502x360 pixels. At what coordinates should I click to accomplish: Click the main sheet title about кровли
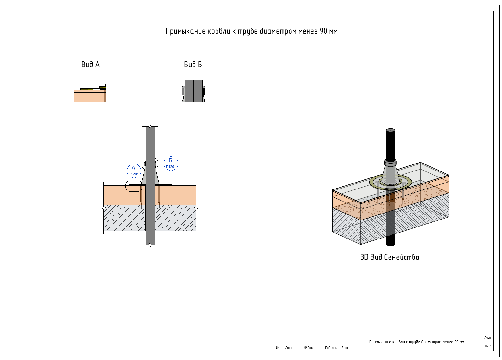tap(251, 31)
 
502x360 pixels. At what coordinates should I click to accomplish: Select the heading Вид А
tap(90, 65)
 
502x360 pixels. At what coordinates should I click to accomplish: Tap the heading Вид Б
tap(193, 65)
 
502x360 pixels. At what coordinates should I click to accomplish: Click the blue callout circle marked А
tap(134, 171)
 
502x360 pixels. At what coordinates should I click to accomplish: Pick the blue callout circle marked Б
tap(171, 164)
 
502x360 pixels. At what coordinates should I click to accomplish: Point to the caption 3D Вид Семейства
tap(390, 257)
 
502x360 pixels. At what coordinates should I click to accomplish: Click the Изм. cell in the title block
tap(279, 348)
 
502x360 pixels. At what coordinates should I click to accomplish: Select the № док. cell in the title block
tap(309, 348)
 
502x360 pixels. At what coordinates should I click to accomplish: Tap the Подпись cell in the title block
tap(331, 348)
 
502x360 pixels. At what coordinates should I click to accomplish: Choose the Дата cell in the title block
tap(346, 348)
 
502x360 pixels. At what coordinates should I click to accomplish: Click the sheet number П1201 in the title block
tap(487, 346)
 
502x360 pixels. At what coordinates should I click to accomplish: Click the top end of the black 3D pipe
tap(390, 130)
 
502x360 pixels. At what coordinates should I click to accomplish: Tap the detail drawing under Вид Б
tap(194, 91)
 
